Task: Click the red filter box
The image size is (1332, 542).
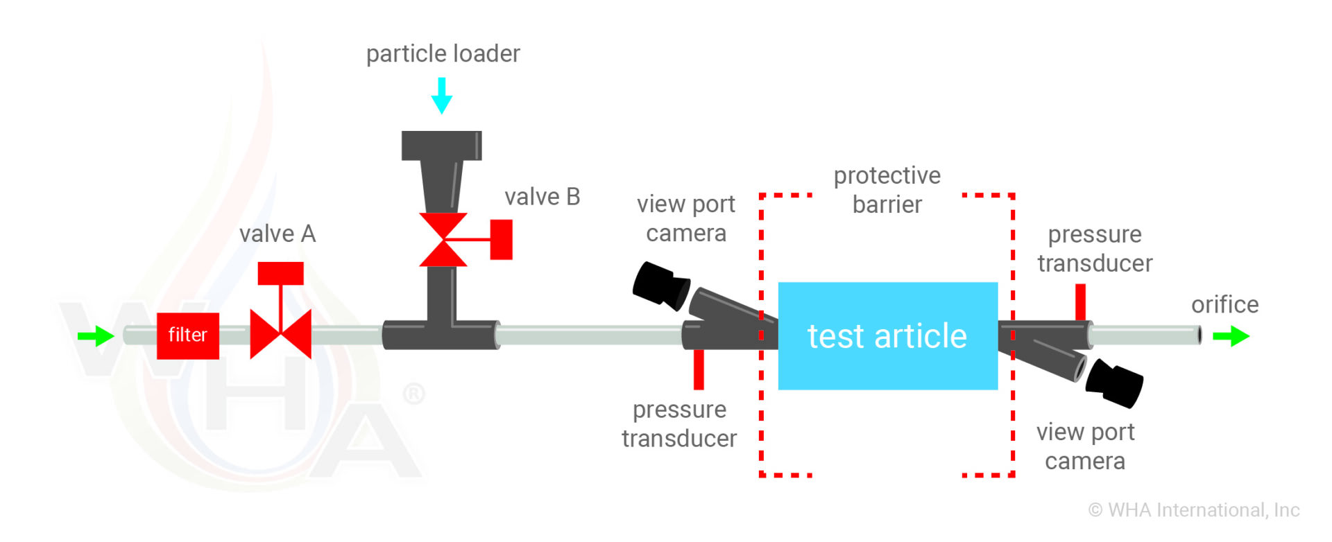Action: pyautogui.click(x=187, y=335)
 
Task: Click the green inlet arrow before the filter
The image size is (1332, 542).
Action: pyautogui.click(x=96, y=336)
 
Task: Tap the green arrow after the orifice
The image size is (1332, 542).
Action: pyautogui.click(x=1231, y=337)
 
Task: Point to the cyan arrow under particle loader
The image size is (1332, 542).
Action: pyautogui.click(x=441, y=96)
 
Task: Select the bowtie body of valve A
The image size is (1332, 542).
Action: pyautogui.click(x=280, y=334)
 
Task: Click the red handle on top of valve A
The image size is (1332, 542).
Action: pyautogui.click(x=280, y=273)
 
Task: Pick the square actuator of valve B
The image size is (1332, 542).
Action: pyautogui.click(x=501, y=240)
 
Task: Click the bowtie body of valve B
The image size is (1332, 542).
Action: pyautogui.click(x=443, y=240)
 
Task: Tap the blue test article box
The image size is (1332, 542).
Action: pyautogui.click(x=887, y=335)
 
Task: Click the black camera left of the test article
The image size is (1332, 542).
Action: pyautogui.click(x=660, y=284)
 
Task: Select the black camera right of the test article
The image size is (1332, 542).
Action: pyautogui.click(x=1114, y=383)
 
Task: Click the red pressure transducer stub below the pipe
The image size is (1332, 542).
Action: pyautogui.click(x=699, y=369)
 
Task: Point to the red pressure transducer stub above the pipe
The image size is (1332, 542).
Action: pyautogui.click(x=1080, y=301)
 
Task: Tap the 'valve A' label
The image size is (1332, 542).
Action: pyautogui.click(x=277, y=234)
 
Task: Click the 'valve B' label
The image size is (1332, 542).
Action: pyautogui.click(x=542, y=197)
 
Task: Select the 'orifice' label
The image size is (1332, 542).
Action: pyautogui.click(x=1224, y=305)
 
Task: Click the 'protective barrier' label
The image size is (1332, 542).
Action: pyautogui.click(x=887, y=190)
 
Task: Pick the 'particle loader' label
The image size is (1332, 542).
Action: pyautogui.click(x=443, y=54)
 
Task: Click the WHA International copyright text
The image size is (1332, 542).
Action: pyautogui.click(x=1193, y=510)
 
